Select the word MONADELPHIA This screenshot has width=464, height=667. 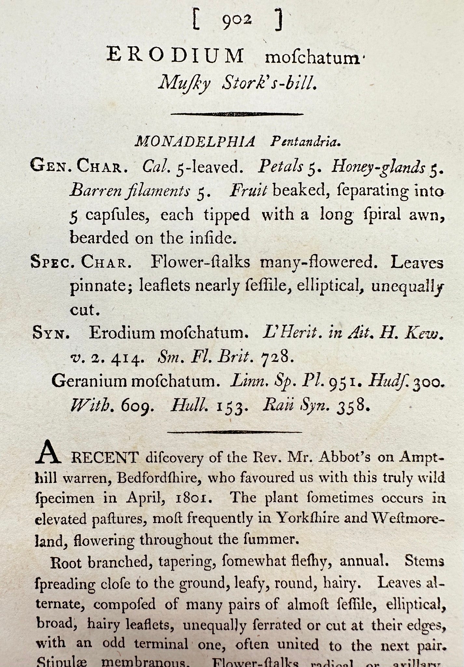click(x=195, y=142)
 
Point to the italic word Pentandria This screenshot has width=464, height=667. click(x=306, y=142)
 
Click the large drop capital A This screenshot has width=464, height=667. click(x=48, y=453)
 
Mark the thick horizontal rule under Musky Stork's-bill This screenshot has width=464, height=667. click(x=237, y=114)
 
